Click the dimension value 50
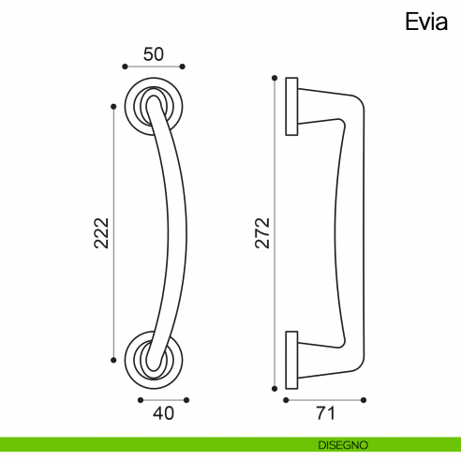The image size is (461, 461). (x=154, y=54)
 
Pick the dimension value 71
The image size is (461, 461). (x=325, y=411)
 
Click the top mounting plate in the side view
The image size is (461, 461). (x=291, y=106)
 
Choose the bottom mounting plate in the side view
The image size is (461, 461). (x=291, y=360)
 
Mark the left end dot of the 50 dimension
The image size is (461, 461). (x=125, y=67)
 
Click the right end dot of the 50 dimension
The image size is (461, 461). (x=184, y=67)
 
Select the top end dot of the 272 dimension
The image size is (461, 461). (x=274, y=78)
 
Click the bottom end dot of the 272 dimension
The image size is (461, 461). (x=274, y=387)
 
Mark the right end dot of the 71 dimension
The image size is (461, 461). (x=365, y=398)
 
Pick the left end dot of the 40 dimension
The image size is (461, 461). (x=139, y=398)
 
